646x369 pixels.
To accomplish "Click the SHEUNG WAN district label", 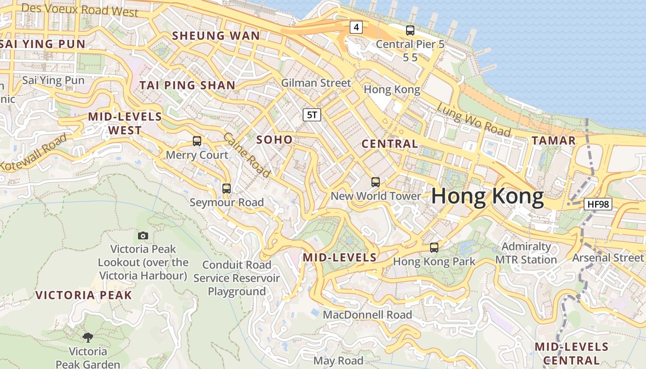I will point(216,36).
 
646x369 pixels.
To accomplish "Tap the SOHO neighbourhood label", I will point(274,139).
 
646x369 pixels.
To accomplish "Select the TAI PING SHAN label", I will point(187,85).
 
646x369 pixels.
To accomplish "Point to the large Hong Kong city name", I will point(488,196).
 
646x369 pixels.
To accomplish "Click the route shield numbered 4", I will point(355,28).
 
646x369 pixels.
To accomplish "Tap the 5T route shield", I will point(312,115).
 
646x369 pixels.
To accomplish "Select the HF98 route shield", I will point(598,204).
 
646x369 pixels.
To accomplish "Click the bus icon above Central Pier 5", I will point(410,30).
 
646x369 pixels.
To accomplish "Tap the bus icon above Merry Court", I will point(197,141).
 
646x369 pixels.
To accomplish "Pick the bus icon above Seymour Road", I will point(226,188).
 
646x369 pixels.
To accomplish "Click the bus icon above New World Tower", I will point(376,182).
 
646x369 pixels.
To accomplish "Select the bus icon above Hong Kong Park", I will point(434,248).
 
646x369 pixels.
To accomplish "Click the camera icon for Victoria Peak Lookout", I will point(143,236).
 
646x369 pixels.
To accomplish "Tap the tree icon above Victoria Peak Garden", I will point(88,338).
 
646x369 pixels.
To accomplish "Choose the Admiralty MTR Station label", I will point(526,253).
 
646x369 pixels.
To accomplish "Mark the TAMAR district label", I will point(553,141).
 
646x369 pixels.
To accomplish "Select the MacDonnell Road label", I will point(367,315).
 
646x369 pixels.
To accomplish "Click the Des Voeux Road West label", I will point(80,10).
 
